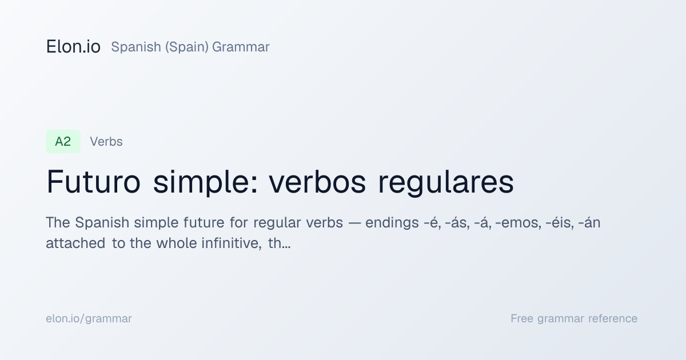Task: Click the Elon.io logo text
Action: pos(73,47)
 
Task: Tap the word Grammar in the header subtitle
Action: pos(241,47)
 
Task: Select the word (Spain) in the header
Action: pos(187,47)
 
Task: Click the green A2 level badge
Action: pos(63,142)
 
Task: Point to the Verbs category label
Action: pos(106,142)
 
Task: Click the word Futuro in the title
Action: pos(93,182)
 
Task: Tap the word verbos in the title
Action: pos(317,182)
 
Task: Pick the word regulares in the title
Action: pos(446,183)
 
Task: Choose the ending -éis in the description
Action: pos(560,222)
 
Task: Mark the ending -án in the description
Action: pos(589,222)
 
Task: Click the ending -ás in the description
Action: pos(457,222)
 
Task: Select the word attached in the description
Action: pos(75,243)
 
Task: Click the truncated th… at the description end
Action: pos(279,243)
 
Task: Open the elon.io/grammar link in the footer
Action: pos(89,319)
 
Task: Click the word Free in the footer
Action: pos(522,318)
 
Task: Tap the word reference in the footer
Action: pos(613,319)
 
